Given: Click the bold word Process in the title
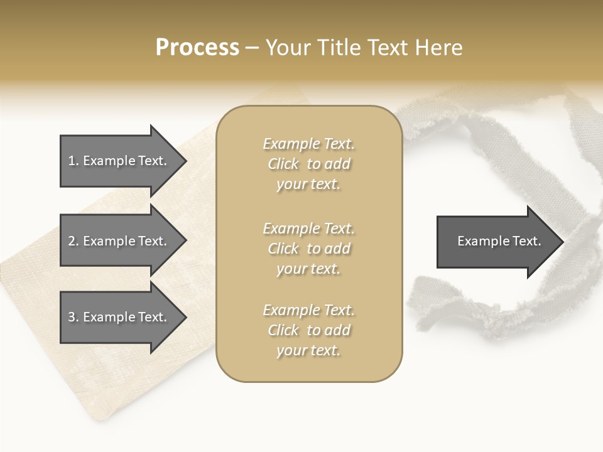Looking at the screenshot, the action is pos(197,48).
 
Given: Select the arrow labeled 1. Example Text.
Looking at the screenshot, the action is pos(122,161).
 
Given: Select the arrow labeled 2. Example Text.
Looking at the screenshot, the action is pos(122,241).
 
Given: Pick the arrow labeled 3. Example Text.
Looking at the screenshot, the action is pos(122,317).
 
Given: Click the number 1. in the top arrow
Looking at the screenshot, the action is pos(73,161).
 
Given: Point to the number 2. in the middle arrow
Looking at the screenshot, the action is pos(73,241).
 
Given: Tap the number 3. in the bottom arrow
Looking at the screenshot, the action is pos(73,317).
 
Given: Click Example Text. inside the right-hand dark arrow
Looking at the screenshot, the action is pos(499,241).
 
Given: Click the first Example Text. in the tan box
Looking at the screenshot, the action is pos(308,144).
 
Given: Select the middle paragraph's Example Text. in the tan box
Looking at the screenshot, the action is pos(308,229).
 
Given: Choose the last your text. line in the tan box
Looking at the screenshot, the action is pos(308,350).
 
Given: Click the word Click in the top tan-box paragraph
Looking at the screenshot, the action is pos(283,164).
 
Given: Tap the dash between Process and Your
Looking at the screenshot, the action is pos(252,48).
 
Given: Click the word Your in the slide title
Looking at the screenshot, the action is pos(286,48).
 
